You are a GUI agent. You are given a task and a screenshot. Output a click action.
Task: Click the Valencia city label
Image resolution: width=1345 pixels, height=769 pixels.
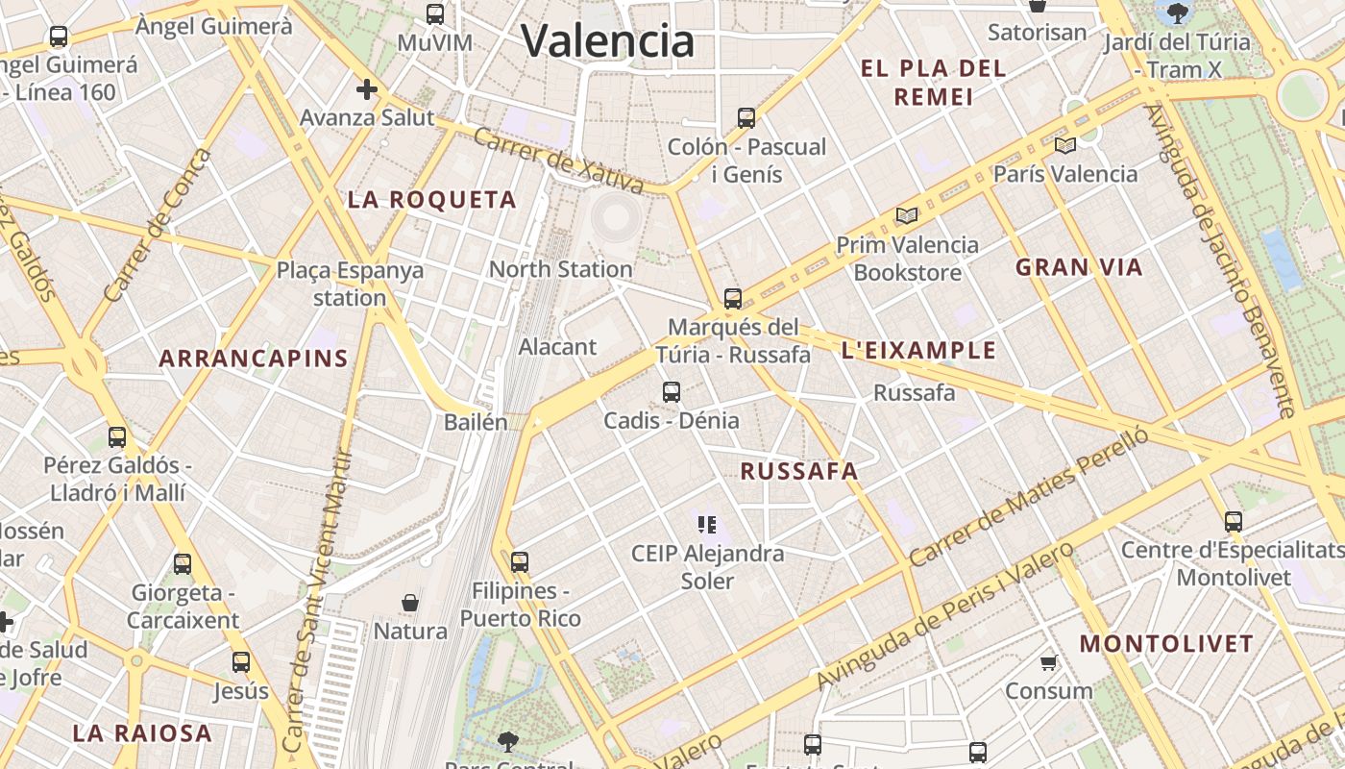(x=607, y=40)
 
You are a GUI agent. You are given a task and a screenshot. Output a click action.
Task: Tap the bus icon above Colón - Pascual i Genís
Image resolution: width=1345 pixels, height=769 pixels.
(x=746, y=118)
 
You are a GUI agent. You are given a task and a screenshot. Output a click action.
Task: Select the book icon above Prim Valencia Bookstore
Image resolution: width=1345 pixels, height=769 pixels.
(x=907, y=215)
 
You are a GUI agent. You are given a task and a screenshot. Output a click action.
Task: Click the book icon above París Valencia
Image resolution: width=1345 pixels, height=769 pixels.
(x=1064, y=145)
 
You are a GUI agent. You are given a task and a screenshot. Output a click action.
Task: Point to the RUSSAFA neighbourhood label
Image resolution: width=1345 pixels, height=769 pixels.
(x=799, y=471)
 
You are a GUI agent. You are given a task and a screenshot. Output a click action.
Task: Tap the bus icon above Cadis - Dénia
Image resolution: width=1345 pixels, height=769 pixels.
(x=672, y=392)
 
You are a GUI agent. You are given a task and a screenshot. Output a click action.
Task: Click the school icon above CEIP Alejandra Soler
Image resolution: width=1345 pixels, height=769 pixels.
(x=707, y=525)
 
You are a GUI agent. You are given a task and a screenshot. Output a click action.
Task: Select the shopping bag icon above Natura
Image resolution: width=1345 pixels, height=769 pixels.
(x=410, y=603)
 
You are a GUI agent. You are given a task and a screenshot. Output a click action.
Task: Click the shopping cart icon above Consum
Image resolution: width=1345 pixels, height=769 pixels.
(x=1049, y=662)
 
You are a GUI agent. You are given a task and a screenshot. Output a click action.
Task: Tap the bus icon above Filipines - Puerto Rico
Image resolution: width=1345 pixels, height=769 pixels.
(x=520, y=561)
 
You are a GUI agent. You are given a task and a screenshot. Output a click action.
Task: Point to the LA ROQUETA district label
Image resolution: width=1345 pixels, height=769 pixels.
(x=432, y=200)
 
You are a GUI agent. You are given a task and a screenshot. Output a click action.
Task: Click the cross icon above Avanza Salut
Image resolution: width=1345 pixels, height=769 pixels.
(x=367, y=89)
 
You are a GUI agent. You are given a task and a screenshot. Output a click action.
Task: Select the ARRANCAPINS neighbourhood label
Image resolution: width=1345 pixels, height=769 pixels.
(x=254, y=359)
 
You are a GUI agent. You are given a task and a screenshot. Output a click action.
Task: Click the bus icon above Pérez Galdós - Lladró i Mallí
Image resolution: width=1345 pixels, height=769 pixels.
(x=117, y=436)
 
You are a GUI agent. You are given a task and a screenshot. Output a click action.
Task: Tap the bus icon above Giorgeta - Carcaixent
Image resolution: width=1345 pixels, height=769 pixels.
(x=183, y=563)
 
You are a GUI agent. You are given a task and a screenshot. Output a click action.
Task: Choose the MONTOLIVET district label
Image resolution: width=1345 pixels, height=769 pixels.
(x=1166, y=643)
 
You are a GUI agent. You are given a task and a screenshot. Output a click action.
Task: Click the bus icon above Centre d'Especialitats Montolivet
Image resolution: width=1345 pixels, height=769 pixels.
(x=1234, y=522)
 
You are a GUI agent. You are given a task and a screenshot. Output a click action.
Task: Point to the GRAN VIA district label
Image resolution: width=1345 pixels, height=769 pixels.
(x=1080, y=267)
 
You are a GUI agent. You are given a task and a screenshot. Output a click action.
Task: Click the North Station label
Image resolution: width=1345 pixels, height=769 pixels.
(x=561, y=269)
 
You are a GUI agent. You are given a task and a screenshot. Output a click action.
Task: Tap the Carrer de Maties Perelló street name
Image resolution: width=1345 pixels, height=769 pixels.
(x=1028, y=498)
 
